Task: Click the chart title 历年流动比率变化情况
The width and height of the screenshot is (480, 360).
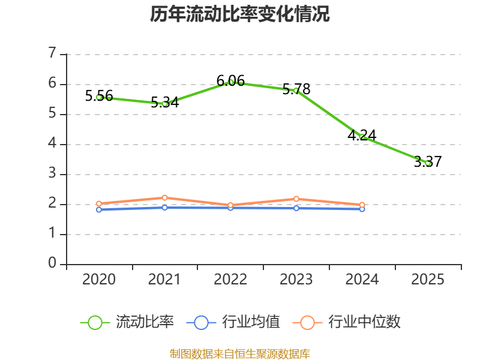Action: click(x=239, y=14)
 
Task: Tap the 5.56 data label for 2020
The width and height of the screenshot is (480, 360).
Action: click(x=99, y=96)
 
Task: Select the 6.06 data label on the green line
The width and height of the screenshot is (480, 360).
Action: click(x=230, y=81)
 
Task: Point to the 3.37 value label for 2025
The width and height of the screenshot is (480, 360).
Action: click(x=428, y=161)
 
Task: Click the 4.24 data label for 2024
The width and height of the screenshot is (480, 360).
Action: click(x=362, y=135)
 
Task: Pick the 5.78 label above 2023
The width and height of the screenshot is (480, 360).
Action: click(x=296, y=89)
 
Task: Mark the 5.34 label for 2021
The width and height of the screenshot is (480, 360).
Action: click(x=164, y=102)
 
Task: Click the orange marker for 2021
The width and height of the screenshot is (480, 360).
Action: click(x=164, y=198)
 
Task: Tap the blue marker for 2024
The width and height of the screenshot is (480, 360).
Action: click(x=362, y=209)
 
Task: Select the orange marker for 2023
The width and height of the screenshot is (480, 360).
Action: click(x=296, y=199)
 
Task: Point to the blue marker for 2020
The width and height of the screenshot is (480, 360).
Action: click(x=99, y=209)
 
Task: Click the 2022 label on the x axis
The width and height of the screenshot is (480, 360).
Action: click(x=230, y=279)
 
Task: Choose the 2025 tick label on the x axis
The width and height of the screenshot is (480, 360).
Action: click(x=427, y=279)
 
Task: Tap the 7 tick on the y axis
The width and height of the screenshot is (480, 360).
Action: click(x=52, y=53)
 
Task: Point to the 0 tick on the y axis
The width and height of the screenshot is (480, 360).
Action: click(x=52, y=263)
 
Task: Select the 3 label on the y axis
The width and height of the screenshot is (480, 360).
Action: click(x=52, y=173)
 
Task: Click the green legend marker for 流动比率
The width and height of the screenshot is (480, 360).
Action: click(x=95, y=323)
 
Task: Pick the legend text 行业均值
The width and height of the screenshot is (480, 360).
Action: click(x=251, y=322)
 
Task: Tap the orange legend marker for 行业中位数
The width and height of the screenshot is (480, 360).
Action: click(x=307, y=323)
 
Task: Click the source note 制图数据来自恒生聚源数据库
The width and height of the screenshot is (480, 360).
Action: click(x=240, y=353)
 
